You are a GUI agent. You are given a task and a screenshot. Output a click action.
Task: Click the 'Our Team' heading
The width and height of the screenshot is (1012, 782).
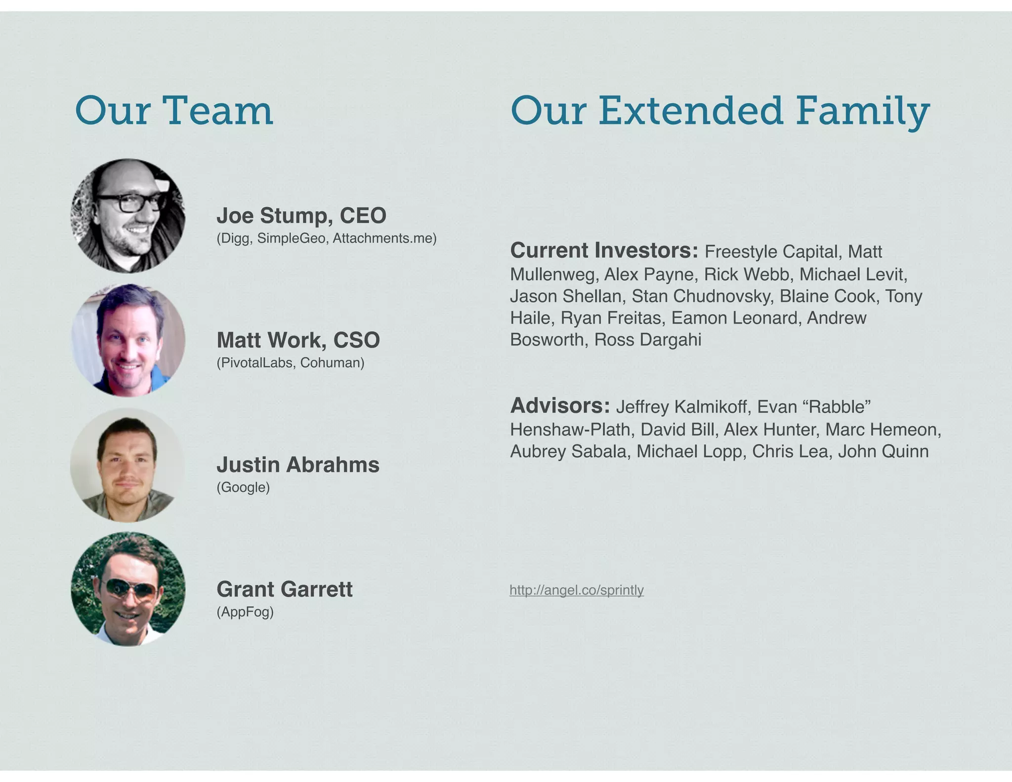click(x=174, y=110)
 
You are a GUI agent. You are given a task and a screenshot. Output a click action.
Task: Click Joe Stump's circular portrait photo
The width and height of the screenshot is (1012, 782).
click(x=128, y=216)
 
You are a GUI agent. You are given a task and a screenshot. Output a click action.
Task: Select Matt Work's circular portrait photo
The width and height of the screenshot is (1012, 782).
click(x=128, y=340)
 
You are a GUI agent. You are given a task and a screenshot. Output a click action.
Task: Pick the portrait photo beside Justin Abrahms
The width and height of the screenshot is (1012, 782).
click(x=128, y=465)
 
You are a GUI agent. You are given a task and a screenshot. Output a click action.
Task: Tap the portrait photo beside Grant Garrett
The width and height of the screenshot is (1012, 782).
click(x=128, y=589)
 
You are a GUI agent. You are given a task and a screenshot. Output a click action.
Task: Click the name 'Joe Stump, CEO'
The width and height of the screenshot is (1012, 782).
click(x=301, y=216)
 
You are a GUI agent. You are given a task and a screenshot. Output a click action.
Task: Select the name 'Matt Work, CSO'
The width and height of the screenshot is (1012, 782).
click(x=298, y=340)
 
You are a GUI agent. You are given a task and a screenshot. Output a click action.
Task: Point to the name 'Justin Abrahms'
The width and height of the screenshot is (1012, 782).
click(x=298, y=465)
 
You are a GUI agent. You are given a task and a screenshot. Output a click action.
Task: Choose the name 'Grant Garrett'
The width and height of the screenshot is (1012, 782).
click(x=285, y=589)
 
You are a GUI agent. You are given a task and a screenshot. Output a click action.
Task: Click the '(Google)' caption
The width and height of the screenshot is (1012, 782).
click(x=243, y=487)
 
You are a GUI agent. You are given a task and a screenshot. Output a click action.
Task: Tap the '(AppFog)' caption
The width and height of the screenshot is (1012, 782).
click(x=245, y=612)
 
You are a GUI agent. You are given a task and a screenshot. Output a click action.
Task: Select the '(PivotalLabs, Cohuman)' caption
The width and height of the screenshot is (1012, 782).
click(x=291, y=363)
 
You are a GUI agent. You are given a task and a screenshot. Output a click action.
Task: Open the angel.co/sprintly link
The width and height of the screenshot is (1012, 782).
click(x=577, y=590)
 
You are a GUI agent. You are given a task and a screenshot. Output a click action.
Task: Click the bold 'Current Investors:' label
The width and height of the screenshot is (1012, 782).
click(x=604, y=251)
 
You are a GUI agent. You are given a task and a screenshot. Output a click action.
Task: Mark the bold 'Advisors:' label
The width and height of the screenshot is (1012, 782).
click(x=560, y=406)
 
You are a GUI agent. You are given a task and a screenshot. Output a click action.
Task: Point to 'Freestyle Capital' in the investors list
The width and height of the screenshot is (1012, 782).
click(x=772, y=252)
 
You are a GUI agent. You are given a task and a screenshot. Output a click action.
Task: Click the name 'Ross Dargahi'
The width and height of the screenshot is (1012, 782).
click(x=648, y=340)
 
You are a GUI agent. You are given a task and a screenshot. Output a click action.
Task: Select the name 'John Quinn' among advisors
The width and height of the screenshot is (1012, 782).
click(x=883, y=451)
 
